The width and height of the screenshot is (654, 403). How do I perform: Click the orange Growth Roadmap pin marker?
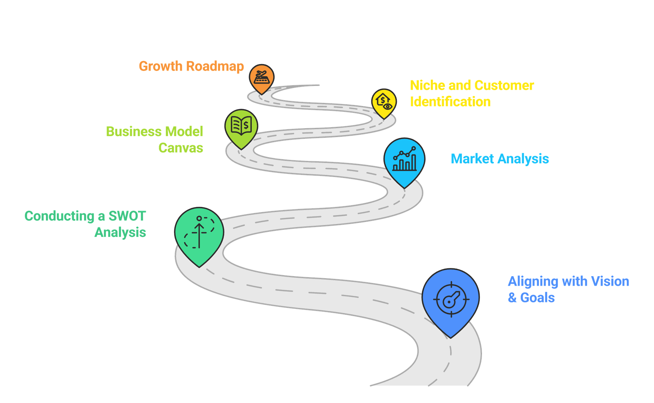(x=261, y=78)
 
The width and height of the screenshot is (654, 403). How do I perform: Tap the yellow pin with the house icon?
(x=384, y=102)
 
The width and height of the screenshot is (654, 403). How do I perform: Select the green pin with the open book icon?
(x=241, y=126)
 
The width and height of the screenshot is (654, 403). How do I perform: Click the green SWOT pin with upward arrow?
(x=199, y=234)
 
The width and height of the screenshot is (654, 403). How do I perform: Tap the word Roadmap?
(x=215, y=66)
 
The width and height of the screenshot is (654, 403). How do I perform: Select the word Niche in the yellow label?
(x=427, y=85)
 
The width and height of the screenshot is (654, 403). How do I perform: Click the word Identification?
(x=450, y=102)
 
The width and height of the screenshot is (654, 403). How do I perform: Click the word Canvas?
(x=181, y=148)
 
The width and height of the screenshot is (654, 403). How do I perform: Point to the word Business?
(x=134, y=131)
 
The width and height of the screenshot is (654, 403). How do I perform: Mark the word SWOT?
(x=127, y=216)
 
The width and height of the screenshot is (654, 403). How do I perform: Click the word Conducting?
(x=59, y=216)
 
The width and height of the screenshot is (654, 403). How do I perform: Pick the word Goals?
(x=538, y=298)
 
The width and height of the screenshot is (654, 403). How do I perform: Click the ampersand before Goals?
(x=512, y=298)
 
